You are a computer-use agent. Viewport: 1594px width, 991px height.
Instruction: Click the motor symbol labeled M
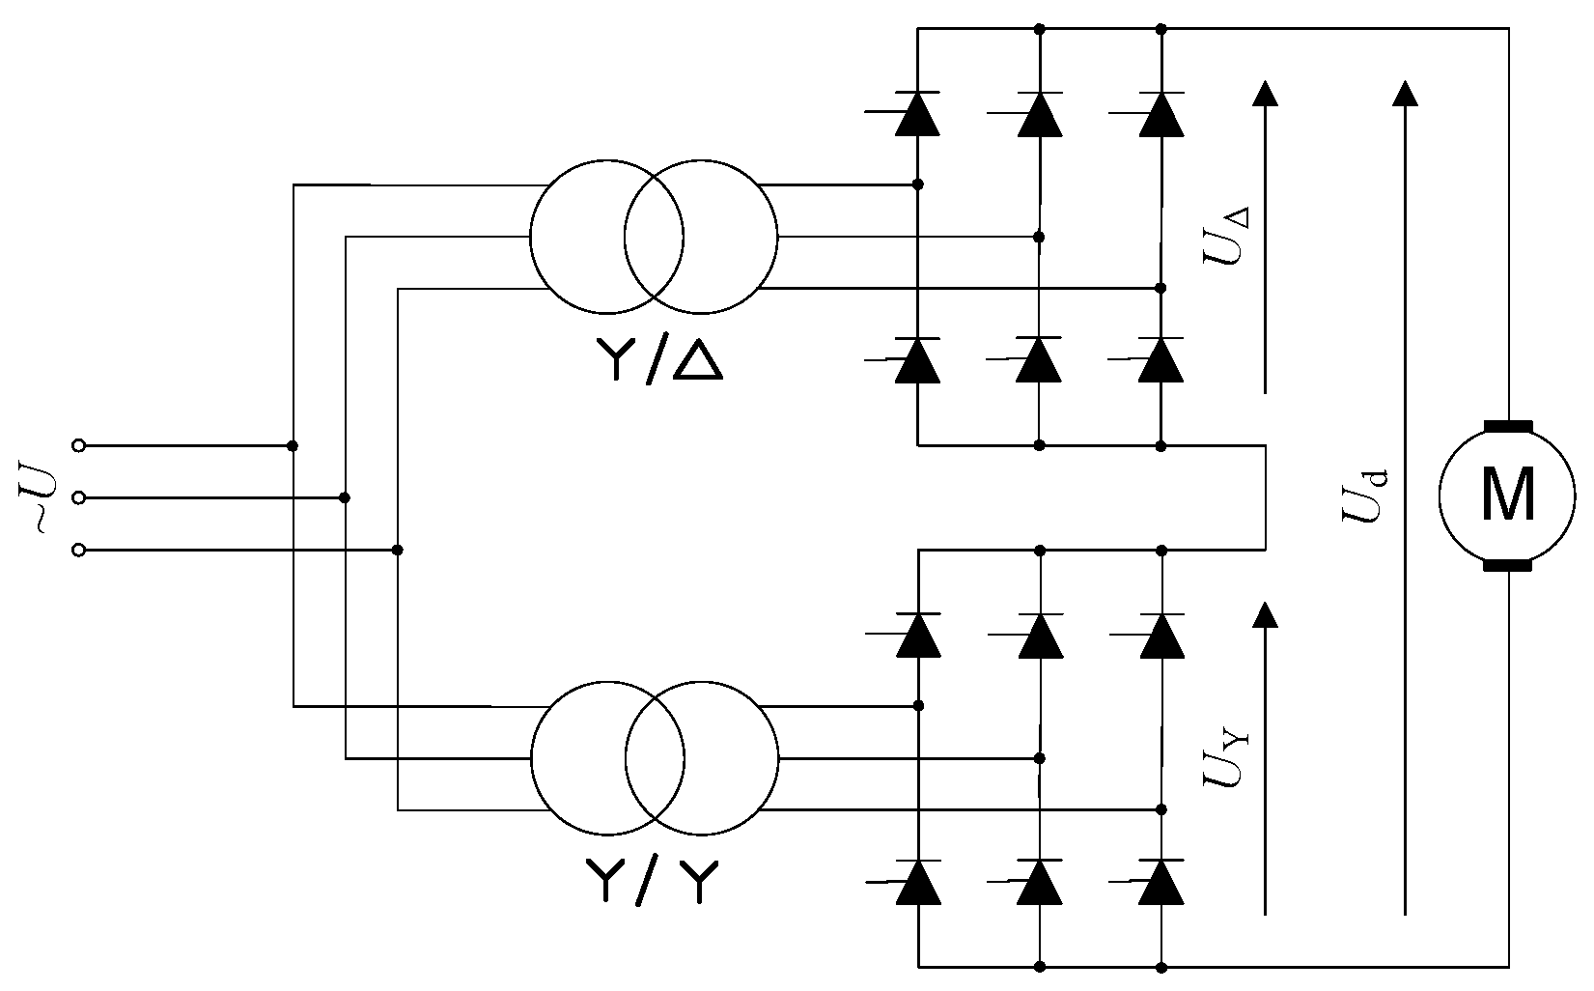(x=1507, y=496)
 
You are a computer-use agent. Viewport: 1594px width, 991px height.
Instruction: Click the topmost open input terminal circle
(x=79, y=445)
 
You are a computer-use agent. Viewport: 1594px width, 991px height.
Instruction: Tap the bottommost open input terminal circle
(x=79, y=550)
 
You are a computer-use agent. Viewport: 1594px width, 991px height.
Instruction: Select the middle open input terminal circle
(x=79, y=497)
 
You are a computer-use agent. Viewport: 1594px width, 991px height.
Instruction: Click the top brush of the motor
(x=1507, y=426)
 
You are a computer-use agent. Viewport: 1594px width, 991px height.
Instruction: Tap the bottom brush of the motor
(x=1507, y=566)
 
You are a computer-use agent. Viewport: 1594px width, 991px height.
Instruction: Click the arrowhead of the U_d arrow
(x=1406, y=93)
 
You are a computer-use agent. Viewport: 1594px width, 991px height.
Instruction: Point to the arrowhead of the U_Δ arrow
(x=1265, y=93)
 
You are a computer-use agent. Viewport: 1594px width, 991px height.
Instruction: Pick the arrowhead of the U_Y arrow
(x=1265, y=613)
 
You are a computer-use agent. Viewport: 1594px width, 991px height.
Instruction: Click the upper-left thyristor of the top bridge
(x=917, y=114)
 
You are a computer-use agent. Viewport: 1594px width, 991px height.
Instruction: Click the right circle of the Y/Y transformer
(x=702, y=758)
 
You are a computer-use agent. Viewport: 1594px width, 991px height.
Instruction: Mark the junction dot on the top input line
(x=293, y=445)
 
